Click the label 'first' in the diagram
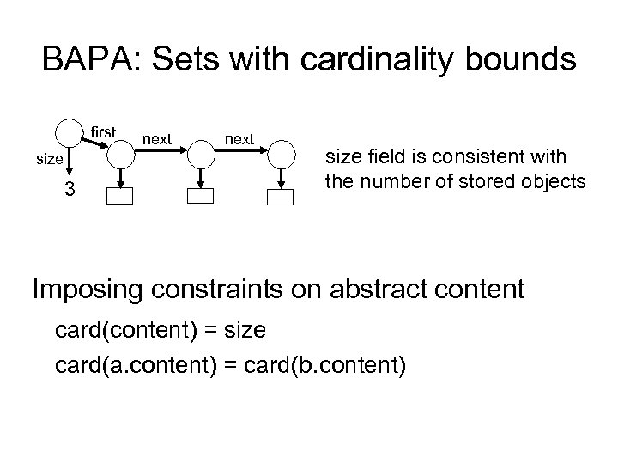coord(103,132)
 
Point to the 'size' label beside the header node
coord(48,159)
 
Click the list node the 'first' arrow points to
coord(121,156)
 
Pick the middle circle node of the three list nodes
coord(201,156)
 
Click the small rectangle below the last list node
coord(281,197)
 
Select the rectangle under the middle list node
coord(201,196)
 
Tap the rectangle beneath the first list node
coord(121,196)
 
